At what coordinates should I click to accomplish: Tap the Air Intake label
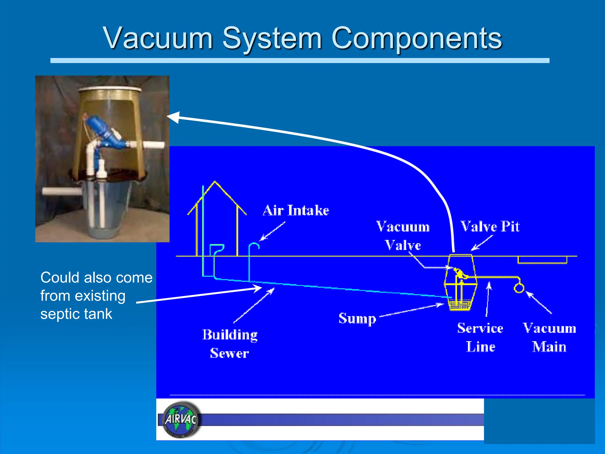click(x=296, y=210)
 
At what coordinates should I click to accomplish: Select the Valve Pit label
click(x=490, y=227)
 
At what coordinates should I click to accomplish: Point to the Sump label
click(x=357, y=319)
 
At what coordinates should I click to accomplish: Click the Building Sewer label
click(x=230, y=344)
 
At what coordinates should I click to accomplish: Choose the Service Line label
click(x=480, y=337)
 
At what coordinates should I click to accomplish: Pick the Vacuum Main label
click(x=549, y=337)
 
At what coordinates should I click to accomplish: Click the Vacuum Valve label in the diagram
click(x=403, y=236)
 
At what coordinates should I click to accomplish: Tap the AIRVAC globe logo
click(x=181, y=419)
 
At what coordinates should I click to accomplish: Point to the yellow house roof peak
click(x=215, y=182)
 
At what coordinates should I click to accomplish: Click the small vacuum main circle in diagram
click(x=519, y=288)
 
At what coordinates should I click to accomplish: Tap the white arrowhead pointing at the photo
click(x=173, y=117)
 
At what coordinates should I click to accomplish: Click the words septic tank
click(x=76, y=314)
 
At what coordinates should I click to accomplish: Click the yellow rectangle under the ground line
click(x=542, y=260)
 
